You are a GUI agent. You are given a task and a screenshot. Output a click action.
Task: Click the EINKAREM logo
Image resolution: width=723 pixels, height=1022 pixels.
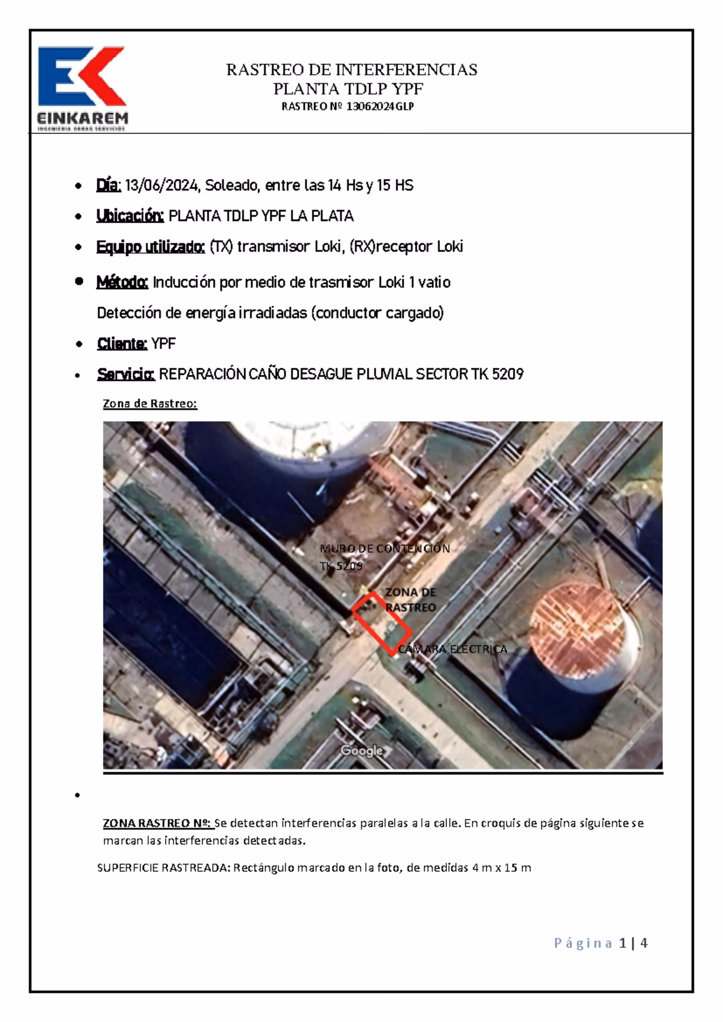pos(83,88)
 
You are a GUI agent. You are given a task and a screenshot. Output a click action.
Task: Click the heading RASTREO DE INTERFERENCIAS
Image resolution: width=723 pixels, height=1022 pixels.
pos(351,70)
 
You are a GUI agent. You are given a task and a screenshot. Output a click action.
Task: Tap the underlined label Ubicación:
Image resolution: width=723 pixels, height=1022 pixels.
pos(130,216)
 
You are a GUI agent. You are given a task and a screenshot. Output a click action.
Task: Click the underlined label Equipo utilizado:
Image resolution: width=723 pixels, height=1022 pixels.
pos(151,246)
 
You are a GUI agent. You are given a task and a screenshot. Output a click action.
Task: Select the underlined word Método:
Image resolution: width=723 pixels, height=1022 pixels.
pos(122,282)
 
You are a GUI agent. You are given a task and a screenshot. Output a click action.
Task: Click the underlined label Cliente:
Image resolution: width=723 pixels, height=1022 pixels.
pos(121,344)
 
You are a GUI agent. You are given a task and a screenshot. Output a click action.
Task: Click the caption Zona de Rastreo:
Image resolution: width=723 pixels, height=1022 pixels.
pos(150,404)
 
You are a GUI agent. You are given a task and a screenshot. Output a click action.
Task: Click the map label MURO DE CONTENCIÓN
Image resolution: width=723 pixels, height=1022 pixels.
pos(384,549)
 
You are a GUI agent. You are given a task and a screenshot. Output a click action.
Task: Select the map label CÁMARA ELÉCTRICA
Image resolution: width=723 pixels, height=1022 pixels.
pos(452,649)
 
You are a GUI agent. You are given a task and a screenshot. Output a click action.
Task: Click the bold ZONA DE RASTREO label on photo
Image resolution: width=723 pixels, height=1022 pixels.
pos(410,600)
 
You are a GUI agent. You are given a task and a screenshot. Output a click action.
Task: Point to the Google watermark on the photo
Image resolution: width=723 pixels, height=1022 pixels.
pos(361,751)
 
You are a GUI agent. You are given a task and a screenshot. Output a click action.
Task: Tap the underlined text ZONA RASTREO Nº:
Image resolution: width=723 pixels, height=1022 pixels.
pos(157,823)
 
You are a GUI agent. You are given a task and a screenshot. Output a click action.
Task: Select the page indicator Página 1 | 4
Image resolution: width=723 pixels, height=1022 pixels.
pos(600,943)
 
